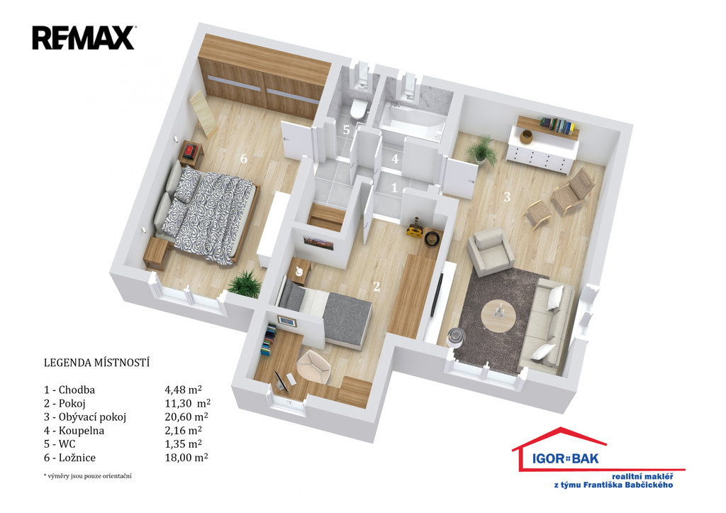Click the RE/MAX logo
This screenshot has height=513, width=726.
coord(84,38)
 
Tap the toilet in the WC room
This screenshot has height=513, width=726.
coord(358,109)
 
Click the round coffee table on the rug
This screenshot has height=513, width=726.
coord(498,316)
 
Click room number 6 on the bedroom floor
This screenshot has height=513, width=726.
coord(244,159)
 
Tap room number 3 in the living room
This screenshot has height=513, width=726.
coord(507,197)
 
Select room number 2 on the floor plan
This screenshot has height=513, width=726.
coord(376,287)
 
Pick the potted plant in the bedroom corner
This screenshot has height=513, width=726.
coord(245,283)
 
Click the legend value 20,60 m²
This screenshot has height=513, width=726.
coord(186,417)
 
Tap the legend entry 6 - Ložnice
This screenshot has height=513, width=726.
coord(69,458)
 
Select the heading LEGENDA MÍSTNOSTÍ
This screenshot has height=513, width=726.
coord(96,363)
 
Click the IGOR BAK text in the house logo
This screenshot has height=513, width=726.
coord(565,459)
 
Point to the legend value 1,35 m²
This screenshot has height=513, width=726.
coord(184,443)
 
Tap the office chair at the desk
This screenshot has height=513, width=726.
coord(313,366)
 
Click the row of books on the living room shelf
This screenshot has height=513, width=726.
coord(557,126)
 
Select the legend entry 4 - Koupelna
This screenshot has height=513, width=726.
coord(74,431)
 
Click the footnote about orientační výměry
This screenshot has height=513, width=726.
coord(87,476)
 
